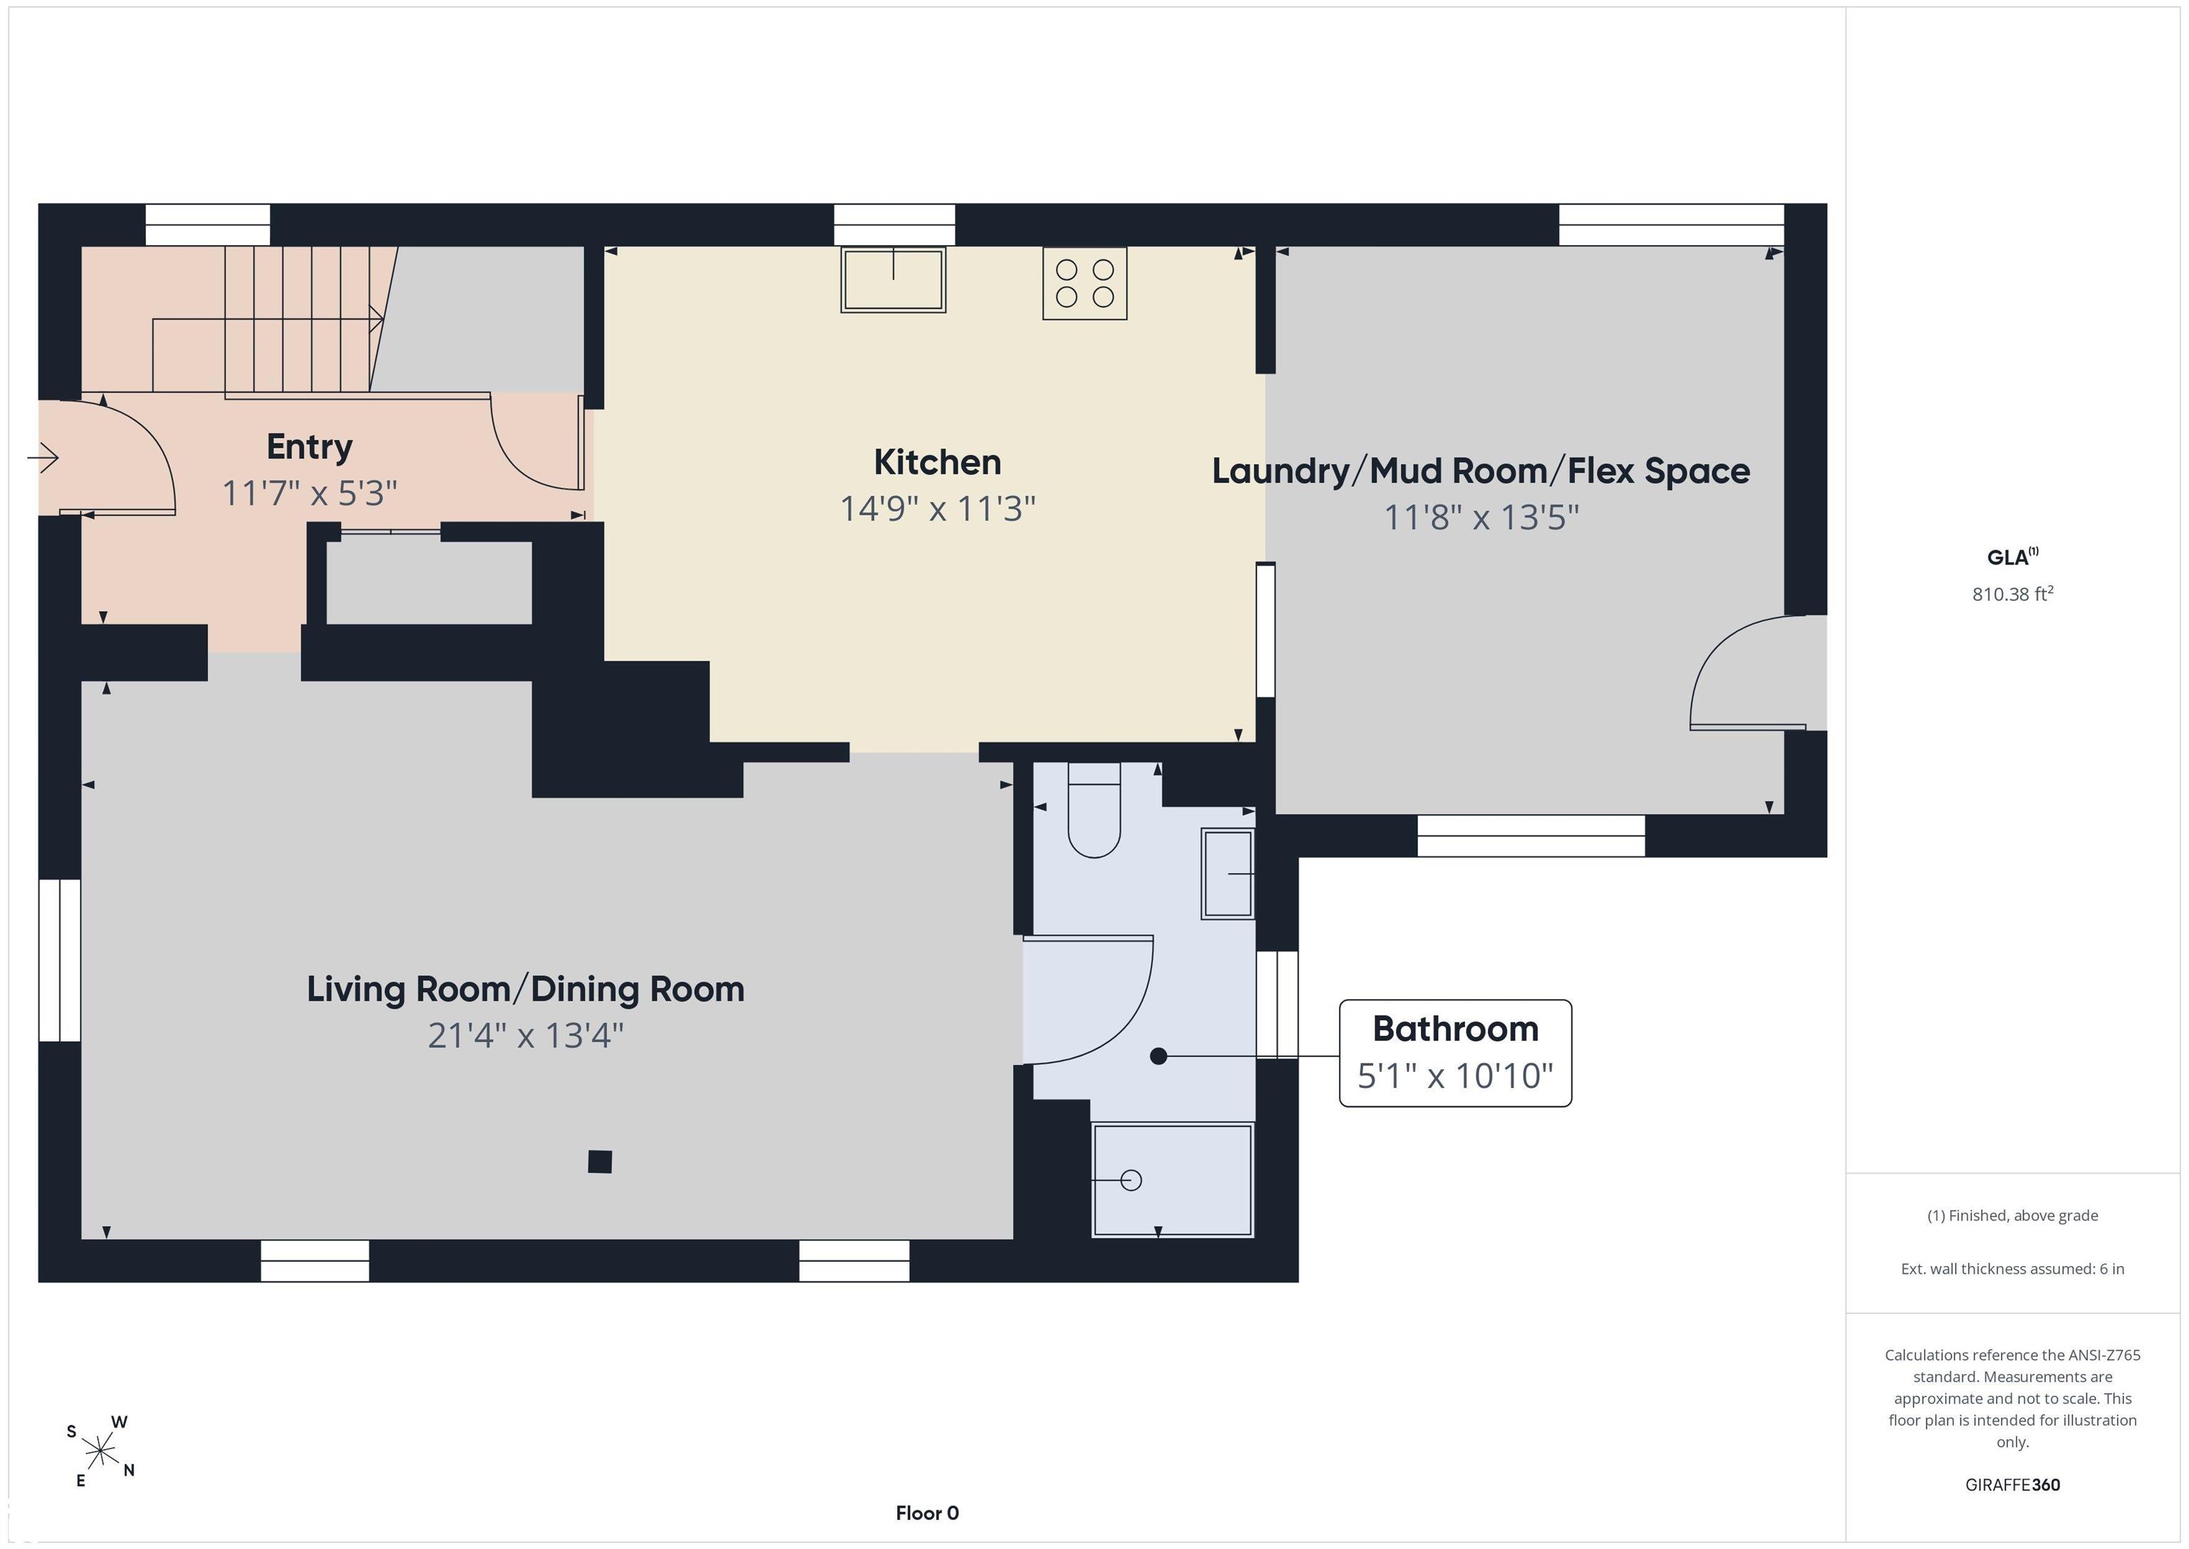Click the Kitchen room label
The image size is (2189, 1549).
(937, 463)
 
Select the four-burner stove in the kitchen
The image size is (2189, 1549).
(1085, 283)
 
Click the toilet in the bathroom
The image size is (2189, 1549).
(1094, 810)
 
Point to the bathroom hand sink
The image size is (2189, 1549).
(1227, 874)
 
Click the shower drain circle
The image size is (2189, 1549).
(1132, 1180)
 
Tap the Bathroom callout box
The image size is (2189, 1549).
(1455, 1053)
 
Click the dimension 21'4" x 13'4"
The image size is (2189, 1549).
(525, 1036)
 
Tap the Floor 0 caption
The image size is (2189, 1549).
(927, 1513)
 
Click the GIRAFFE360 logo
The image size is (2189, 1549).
(2012, 1484)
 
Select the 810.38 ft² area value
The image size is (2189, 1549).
(2012, 593)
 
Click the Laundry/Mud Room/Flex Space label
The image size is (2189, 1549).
(1481, 471)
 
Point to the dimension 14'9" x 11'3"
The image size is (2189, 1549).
(937, 508)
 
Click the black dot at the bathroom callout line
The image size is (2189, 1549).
(1159, 1056)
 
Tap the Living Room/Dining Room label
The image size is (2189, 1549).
(525, 989)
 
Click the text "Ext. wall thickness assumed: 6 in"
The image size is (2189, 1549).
(2012, 1269)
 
